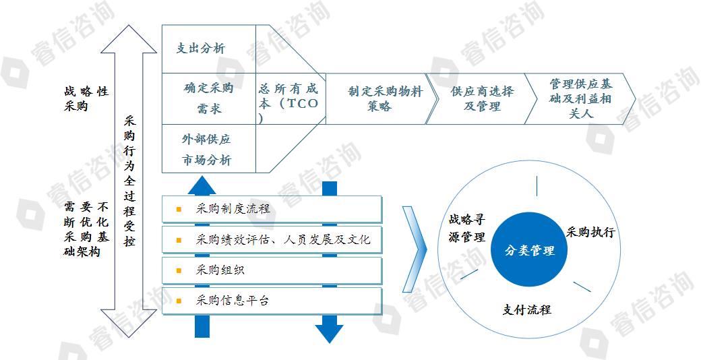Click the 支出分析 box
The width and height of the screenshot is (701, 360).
(x=209, y=49)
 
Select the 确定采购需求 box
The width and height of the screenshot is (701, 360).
(x=209, y=98)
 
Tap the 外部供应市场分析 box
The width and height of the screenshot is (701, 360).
(x=209, y=148)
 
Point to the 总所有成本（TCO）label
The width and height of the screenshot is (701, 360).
(x=288, y=103)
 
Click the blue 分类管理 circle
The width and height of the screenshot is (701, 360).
(x=529, y=250)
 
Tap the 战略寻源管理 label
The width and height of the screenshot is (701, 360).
(x=467, y=228)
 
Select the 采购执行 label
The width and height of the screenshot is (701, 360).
(x=590, y=232)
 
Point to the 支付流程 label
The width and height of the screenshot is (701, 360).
(x=526, y=309)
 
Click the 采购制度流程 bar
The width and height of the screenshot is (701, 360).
(x=272, y=209)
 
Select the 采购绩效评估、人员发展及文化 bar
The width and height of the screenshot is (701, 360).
(x=272, y=240)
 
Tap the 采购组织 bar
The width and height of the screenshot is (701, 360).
(x=272, y=270)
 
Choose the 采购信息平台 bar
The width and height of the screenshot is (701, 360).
(x=272, y=301)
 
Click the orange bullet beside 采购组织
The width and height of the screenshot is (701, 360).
(x=179, y=270)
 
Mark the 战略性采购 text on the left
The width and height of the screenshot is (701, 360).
(x=86, y=99)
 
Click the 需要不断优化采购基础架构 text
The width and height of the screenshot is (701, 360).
(x=86, y=229)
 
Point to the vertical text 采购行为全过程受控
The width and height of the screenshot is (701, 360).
(x=129, y=181)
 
